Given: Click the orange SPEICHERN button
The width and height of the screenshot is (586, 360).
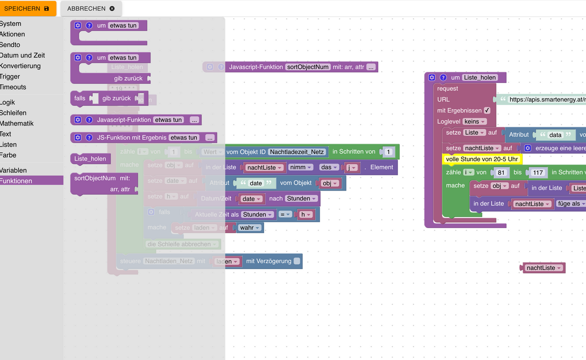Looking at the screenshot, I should click(27, 8).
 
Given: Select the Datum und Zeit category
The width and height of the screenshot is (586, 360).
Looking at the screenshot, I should click(22, 55).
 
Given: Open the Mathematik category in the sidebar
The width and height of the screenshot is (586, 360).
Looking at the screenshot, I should click(17, 123).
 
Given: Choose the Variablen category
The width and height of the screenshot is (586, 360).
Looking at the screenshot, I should click(14, 170).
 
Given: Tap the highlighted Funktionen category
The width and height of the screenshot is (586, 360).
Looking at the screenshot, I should click(17, 181).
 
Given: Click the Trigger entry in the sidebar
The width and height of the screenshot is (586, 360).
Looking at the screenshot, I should click(10, 76).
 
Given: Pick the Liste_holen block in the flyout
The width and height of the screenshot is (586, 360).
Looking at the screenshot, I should click(90, 159).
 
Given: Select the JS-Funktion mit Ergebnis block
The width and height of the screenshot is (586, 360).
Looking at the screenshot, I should click(132, 138).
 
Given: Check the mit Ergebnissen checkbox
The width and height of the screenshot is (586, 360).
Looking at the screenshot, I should click(487, 110).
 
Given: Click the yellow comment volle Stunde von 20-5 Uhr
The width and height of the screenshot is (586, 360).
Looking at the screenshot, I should click(481, 159).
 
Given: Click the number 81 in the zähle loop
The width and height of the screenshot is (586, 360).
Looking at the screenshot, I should click(500, 172).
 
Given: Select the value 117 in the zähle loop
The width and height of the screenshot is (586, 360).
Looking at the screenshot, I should click(538, 172).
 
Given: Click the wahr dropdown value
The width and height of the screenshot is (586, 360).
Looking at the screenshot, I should click(250, 228).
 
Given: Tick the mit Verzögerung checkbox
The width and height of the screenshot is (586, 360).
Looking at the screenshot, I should click(296, 261).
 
